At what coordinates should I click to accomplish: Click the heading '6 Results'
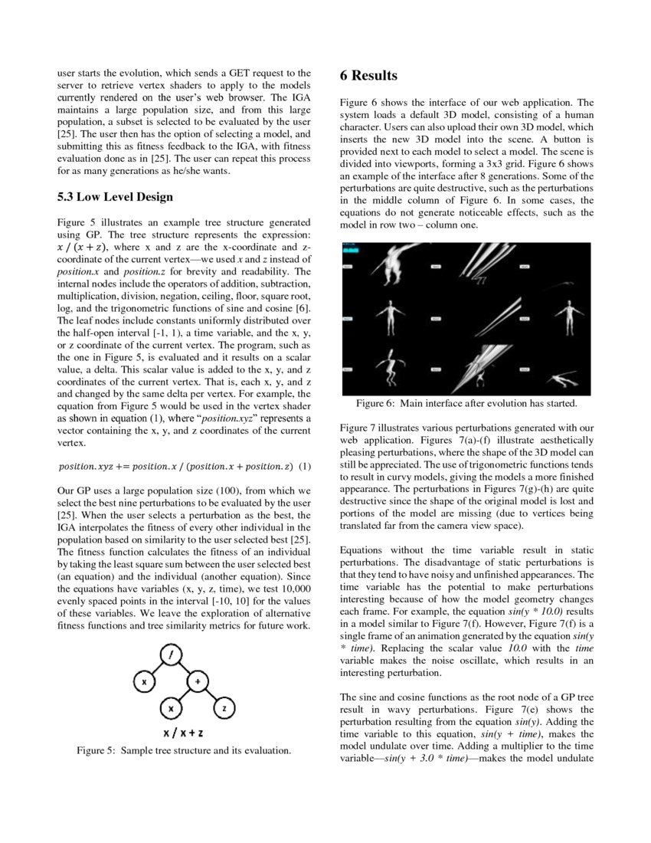pos(368,75)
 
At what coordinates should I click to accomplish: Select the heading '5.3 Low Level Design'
pos(115,197)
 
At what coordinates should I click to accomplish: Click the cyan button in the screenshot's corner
pos(352,250)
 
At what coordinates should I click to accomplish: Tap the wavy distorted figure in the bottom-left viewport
pos(391,366)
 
